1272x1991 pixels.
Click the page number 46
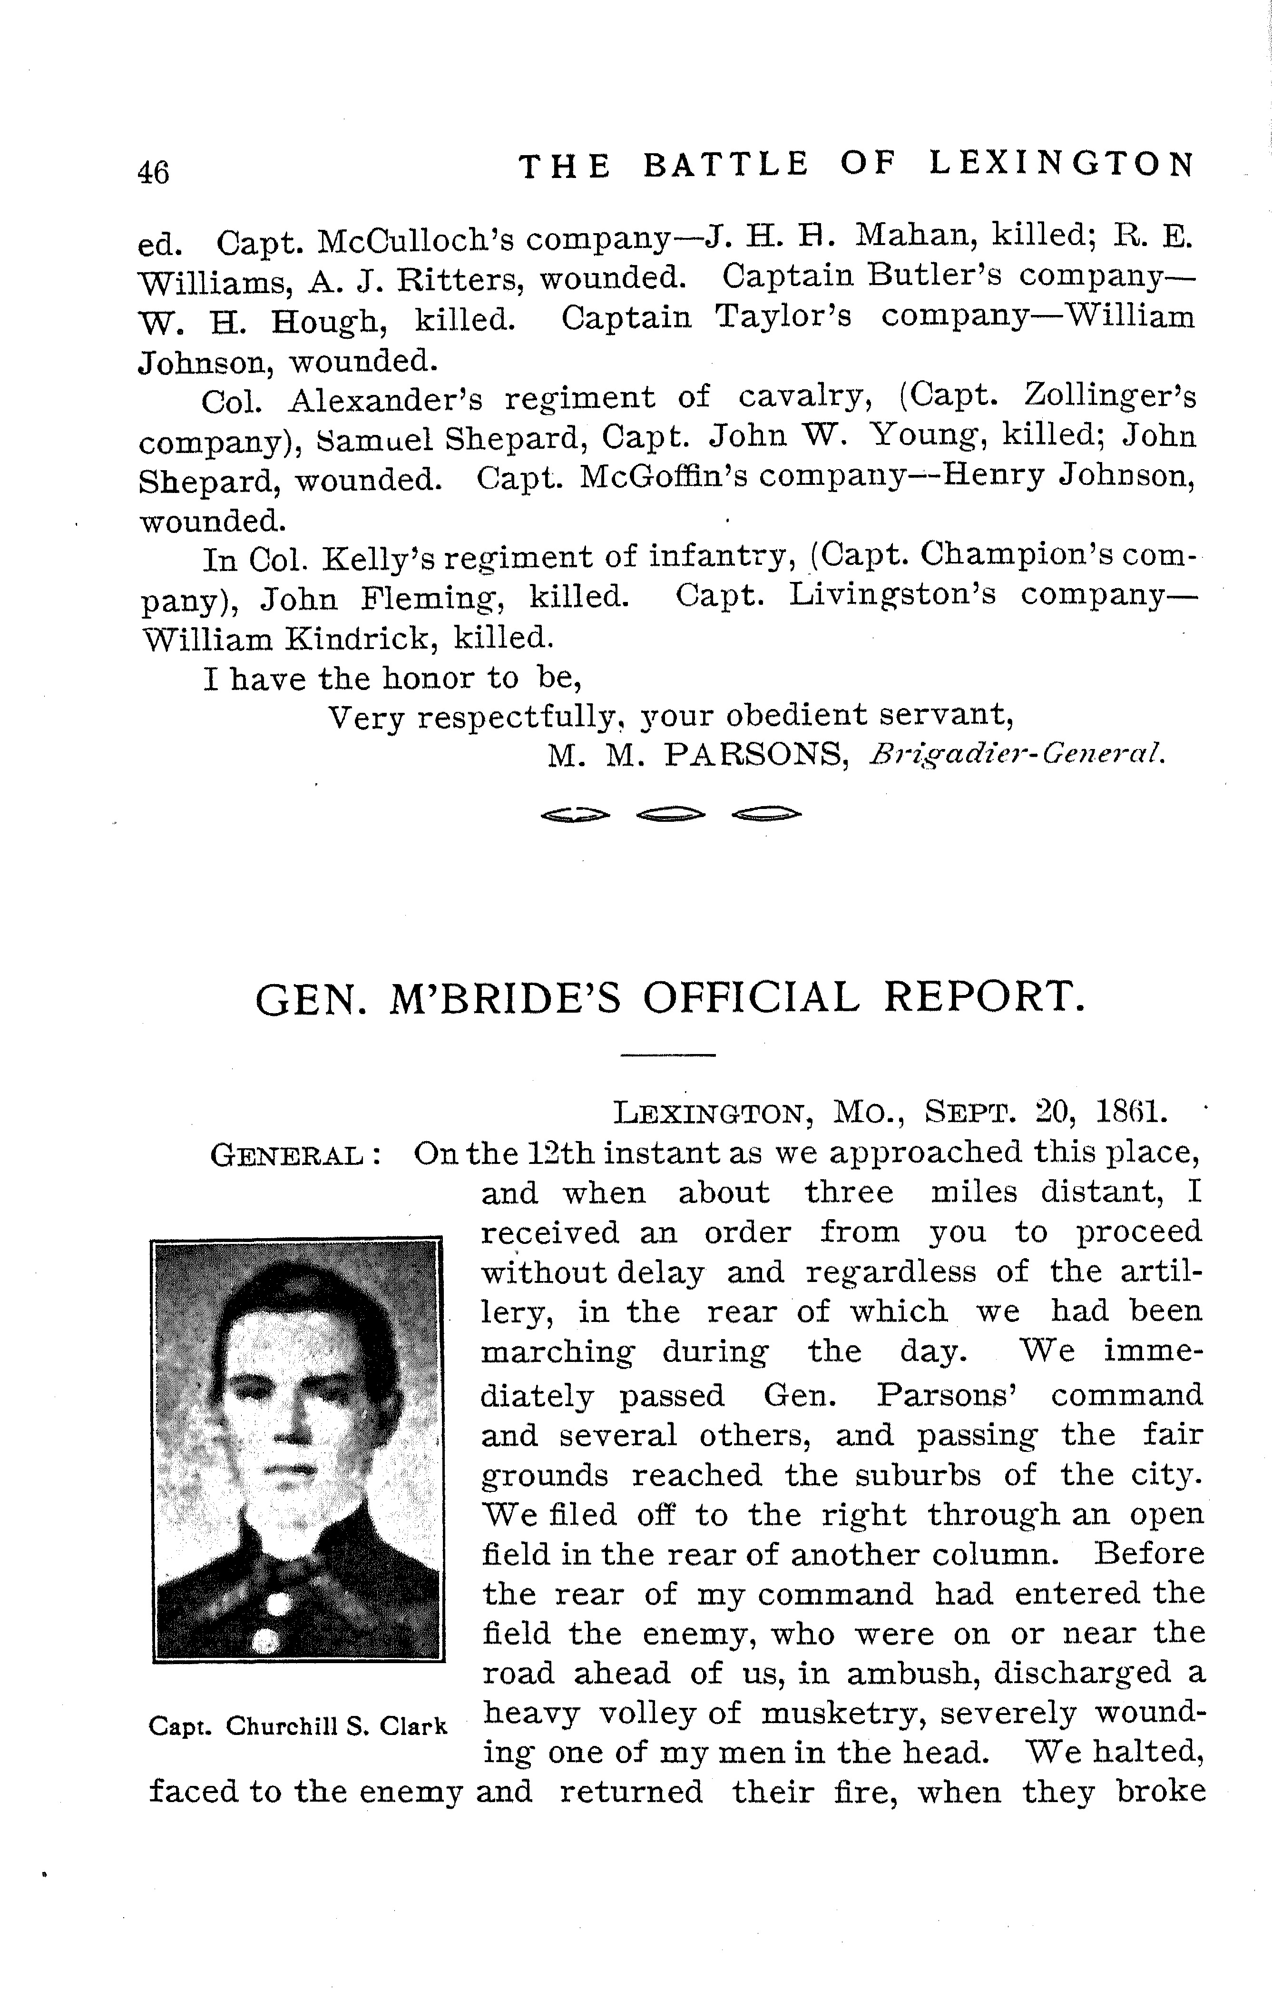(x=154, y=172)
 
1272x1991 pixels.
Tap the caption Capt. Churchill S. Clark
(x=297, y=1725)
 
